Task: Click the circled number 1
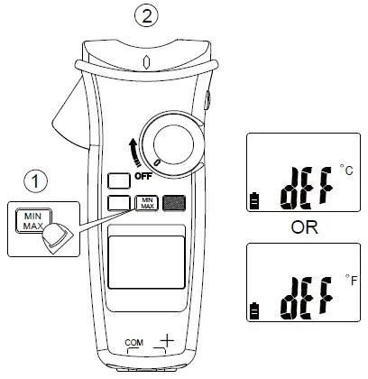click(x=35, y=182)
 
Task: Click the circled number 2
click(x=144, y=14)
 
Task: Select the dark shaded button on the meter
click(x=175, y=204)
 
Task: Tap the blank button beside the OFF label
click(x=117, y=180)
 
